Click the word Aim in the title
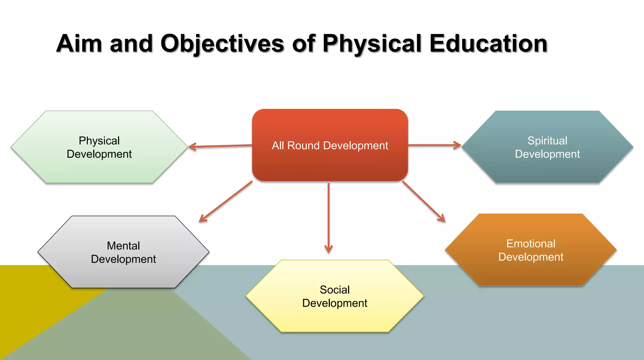point(79,44)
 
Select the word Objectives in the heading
point(222,44)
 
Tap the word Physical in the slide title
point(372,44)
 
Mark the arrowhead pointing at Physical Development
point(192,147)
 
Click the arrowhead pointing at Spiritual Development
point(458,145)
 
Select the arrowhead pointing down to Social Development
point(329,250)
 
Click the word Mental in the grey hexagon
point(123,246)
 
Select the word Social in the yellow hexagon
point(335,290)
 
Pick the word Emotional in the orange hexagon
point(531,244)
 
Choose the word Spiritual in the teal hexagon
point(547,141)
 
